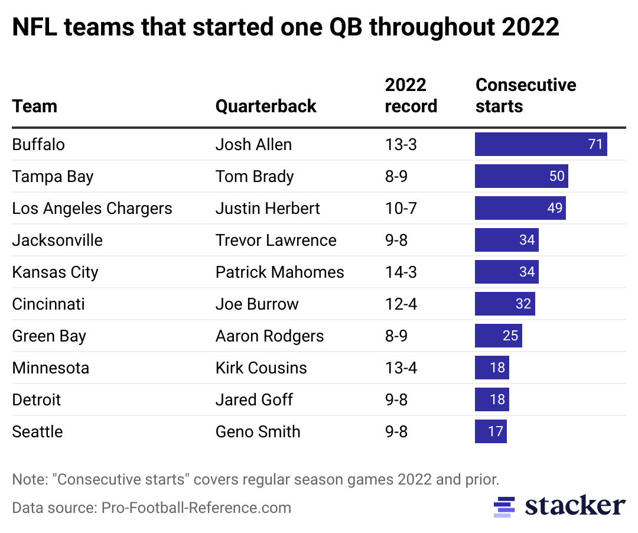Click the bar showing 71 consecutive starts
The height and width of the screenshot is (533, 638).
point(541,144)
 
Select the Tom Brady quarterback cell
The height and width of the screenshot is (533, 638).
point(254,176)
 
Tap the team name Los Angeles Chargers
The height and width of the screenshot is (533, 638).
point(92,208)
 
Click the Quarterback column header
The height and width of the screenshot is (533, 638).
point(266,106)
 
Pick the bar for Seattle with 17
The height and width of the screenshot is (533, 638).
point(490,431)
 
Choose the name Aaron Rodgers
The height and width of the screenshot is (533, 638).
point(269,336)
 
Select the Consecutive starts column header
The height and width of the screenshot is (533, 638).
point(526,96)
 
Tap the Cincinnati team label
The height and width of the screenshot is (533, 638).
point(48,304)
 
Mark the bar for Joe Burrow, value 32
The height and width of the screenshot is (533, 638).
point(504,304)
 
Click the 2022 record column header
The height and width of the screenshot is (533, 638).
point(411,96)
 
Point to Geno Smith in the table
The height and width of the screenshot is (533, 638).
point(258,431)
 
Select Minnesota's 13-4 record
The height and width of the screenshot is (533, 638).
point(401,368)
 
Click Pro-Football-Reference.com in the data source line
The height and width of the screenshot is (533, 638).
point(196,508)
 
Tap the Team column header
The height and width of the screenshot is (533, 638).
point(35,106)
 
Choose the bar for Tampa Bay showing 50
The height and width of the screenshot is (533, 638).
point(521,176)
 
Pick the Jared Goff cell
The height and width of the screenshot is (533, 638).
point(254,399)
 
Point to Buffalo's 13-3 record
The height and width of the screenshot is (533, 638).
point(401,144)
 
